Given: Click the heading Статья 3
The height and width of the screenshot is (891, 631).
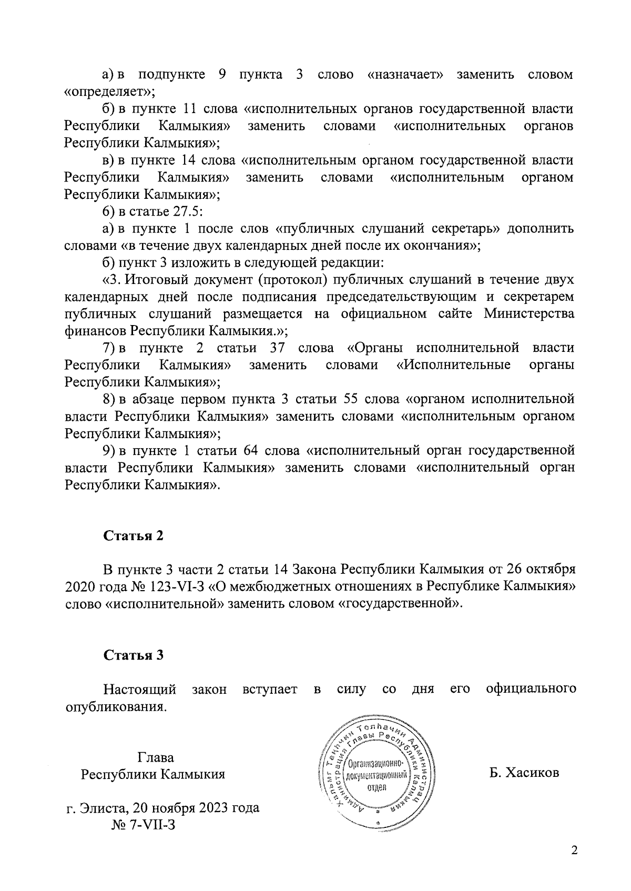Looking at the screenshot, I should [134, 655].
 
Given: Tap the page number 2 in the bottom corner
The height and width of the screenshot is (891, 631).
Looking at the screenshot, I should [574, 850].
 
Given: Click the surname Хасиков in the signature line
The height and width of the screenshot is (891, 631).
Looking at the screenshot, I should [524, 773].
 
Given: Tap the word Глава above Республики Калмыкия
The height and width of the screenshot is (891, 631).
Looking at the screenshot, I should [156, 757].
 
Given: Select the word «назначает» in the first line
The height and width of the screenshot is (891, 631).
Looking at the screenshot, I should [405, 75].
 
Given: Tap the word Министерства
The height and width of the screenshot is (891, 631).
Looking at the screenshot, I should [528, 314].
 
